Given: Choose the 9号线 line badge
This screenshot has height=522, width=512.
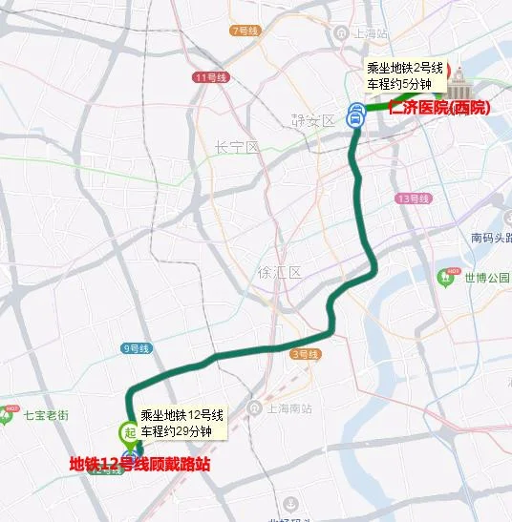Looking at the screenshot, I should pyautogui.click(x=137, y=349).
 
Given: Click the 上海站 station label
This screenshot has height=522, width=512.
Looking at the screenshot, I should pyautogui.click(x=368, y=32).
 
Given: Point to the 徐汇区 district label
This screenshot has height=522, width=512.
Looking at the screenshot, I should pyautogui.click(x=279, y=272).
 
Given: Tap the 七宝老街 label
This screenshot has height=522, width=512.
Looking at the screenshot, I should pyautogui.click(x=46, y=415).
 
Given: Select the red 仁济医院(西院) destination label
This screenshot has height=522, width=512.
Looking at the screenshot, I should pyautogui.click(x=438, y=108).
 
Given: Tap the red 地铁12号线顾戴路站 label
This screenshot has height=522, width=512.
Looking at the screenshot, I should pyautogui.click(x=139, y=465).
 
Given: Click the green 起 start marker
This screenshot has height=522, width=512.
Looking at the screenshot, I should pyautogui.click(x=128, y=432).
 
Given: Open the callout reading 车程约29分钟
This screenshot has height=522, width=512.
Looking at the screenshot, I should pyautogui.click(x=181, y=431).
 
